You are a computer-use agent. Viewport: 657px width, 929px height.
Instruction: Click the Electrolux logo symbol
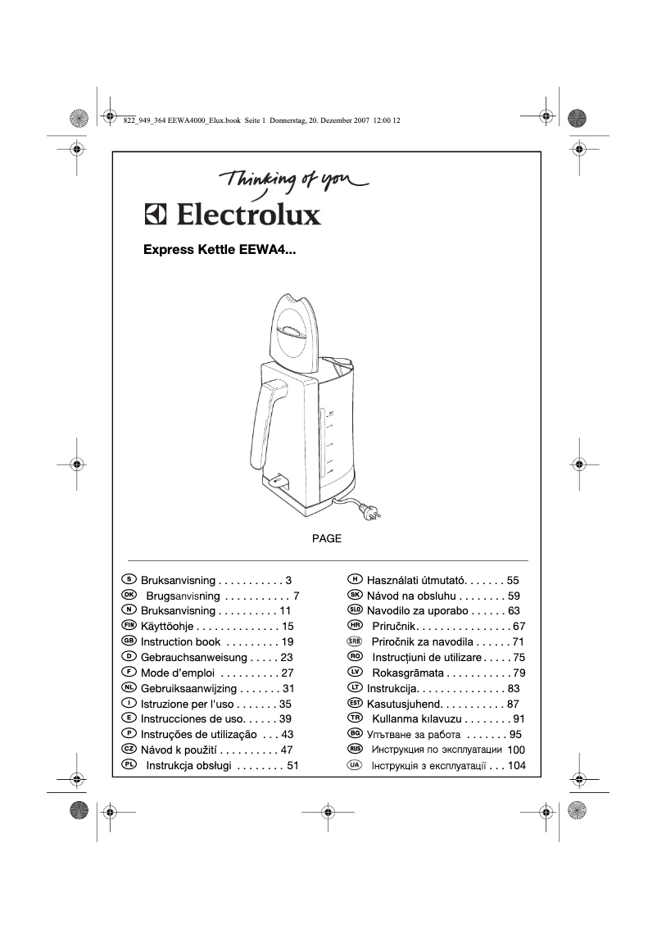pos(156,215)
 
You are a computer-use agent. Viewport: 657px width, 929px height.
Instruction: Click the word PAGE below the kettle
pos(327,539)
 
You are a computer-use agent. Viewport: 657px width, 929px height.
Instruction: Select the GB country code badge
pos(128,641)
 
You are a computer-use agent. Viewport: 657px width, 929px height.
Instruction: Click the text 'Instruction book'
pos(180,641)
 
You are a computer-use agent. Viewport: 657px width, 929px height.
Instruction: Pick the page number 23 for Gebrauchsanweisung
pos(286,657)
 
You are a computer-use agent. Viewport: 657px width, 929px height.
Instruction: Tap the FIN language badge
pos(128,626)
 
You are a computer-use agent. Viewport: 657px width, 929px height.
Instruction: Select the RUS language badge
pos(355,750)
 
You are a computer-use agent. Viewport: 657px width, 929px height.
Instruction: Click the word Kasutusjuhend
pos(405,704)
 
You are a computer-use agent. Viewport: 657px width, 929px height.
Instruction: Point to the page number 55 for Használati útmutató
pos(513,579)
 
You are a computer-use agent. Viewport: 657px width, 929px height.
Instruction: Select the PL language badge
pos(128,765)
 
